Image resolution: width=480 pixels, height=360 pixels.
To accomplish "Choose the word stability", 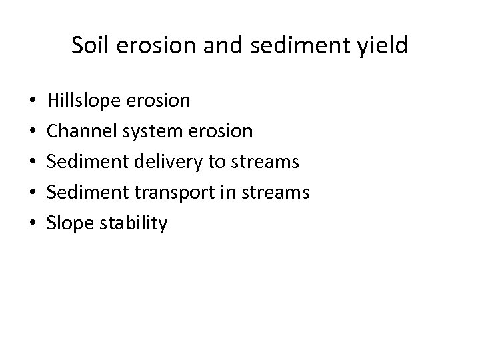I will tap(135, 223).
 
